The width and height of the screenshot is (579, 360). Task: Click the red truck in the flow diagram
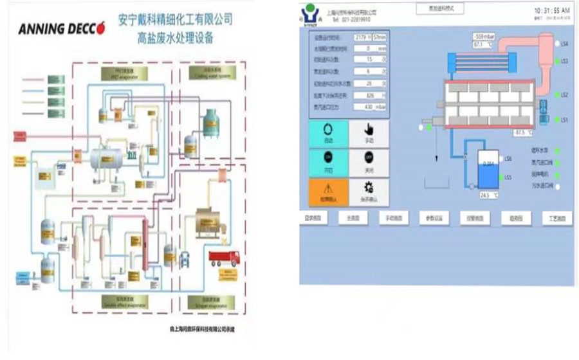(224, 258)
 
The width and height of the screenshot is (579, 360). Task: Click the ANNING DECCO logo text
(62, 29)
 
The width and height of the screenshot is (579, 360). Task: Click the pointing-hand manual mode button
(369, 132)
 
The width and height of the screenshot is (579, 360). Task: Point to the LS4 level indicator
(559, 44)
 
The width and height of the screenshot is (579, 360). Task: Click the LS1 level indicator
(559, 120)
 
